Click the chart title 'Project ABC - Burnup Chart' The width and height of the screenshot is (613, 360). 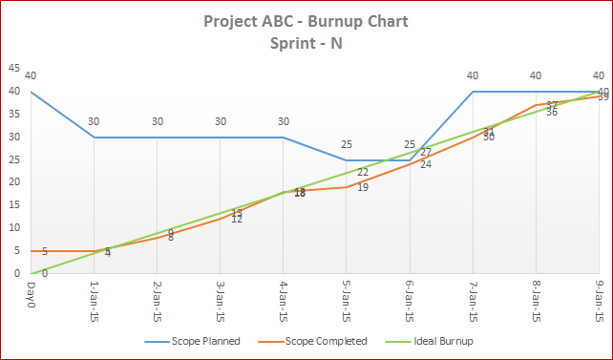tap(306, 22)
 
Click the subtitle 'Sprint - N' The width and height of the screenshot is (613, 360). tap(306, 45)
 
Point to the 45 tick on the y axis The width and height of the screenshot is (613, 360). tap(13, 69)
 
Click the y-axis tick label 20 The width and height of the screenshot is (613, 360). tap(13, 182)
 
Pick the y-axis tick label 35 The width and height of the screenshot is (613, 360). tap(13, 115)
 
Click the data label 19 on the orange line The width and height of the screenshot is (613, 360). tap(363, 187)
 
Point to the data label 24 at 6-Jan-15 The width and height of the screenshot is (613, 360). tap(426, 164)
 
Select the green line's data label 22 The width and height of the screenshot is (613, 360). tap(363, 172)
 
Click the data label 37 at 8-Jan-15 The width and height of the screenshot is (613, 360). tap(552, 104)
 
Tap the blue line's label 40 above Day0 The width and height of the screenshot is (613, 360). tap(32, 76)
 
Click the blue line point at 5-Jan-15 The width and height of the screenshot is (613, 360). tap(348, 160)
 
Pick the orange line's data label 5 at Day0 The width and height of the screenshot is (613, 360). tap(44, 251)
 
